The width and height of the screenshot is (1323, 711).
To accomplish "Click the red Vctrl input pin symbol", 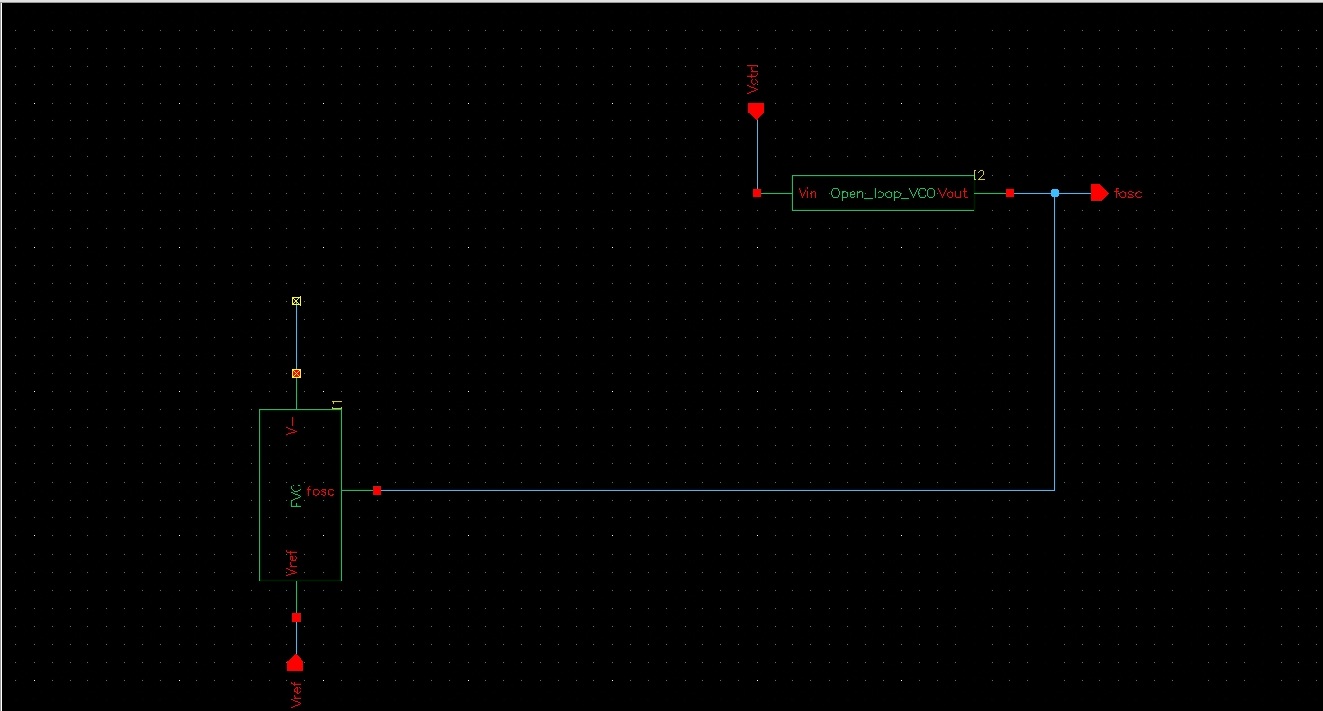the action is tap(756, 110).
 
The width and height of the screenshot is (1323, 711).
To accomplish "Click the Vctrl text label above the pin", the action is tap(752, 80).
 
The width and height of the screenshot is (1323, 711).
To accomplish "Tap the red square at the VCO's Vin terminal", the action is tap(758, 193).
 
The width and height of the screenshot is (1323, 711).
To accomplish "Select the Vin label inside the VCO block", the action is tap(807, 193).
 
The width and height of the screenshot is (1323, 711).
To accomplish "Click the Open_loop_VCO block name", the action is tap(883, 194).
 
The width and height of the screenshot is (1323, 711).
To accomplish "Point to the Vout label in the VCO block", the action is tap(952, 193).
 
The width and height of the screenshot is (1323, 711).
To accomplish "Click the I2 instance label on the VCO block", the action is tap(979, 176).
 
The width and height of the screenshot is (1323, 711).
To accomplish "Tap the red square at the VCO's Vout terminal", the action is tap(1010, 193).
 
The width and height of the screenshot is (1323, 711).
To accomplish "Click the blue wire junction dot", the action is tap(1055, 193).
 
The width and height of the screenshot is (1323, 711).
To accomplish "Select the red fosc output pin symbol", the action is tap(1099, 193).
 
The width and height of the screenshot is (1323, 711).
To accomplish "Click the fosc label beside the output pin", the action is tap(1127, 194).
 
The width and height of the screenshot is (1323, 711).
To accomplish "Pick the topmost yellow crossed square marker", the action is tap(297, 301).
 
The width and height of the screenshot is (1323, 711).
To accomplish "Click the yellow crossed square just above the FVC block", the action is tap(297, 373).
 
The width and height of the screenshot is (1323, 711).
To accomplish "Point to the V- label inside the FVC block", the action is tap(292, 427).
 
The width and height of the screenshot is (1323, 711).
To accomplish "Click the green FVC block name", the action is tap(297, 496).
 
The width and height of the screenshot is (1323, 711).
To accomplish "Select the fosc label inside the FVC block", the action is tap(321, 491).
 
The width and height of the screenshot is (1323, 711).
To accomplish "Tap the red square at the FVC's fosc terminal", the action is tap(377, 491).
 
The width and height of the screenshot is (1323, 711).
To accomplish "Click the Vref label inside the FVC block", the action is tap(292, 563).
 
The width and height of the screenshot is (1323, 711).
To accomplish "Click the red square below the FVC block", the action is tap(297, 617).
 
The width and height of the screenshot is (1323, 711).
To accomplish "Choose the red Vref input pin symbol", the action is tap(296, 663).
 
